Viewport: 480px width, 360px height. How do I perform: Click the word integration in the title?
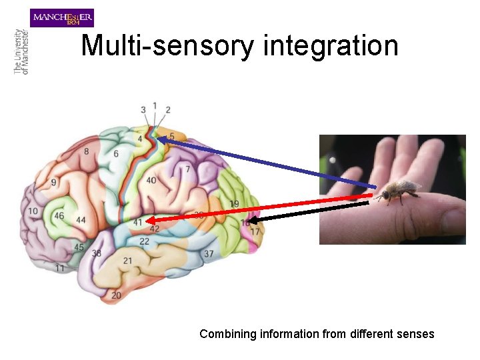point(331,46)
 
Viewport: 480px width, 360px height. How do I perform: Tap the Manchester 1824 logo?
point(62,17)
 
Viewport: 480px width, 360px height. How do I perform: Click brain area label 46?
point(59,216)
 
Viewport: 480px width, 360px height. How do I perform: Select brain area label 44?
point(81,219)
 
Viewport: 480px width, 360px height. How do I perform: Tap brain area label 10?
point(33,211)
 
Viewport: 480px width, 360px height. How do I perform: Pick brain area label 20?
point(116,295)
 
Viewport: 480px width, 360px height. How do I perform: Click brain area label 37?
point(209,253)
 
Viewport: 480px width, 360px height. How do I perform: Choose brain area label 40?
point(151,180)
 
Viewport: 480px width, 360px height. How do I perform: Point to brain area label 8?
point(86,152)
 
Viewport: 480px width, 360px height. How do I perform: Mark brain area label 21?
point(127,260)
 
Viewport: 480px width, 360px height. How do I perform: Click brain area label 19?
point(234,203)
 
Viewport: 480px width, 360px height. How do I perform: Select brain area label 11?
point(60,268)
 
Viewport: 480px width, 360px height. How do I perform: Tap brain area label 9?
point(53,182)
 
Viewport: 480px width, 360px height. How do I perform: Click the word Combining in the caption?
point(226,334)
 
